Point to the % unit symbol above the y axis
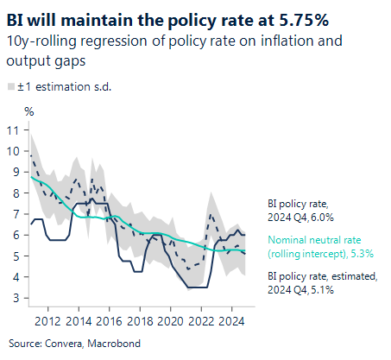[28, 111]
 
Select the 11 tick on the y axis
[12, 130]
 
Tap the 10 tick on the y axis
[12, 151]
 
